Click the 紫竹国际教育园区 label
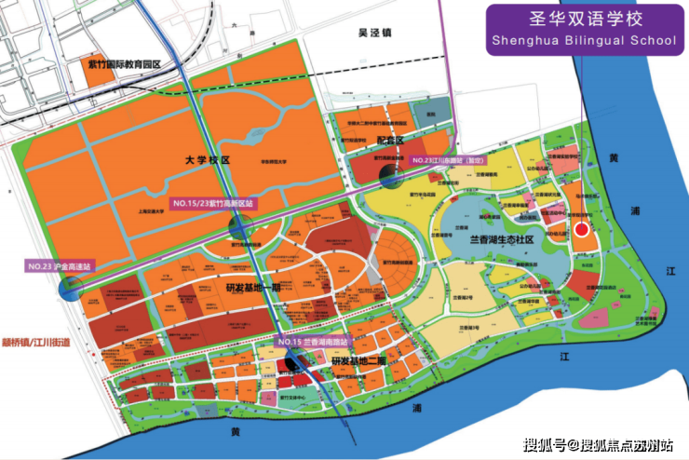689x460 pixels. [122, 63]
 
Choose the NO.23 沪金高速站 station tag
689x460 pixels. [60, 266]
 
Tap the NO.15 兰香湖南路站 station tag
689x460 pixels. [317, 342]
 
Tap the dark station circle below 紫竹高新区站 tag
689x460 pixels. [240, 225]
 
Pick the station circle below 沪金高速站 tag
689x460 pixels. [72, 288]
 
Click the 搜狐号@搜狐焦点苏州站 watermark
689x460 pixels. [600, 443]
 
